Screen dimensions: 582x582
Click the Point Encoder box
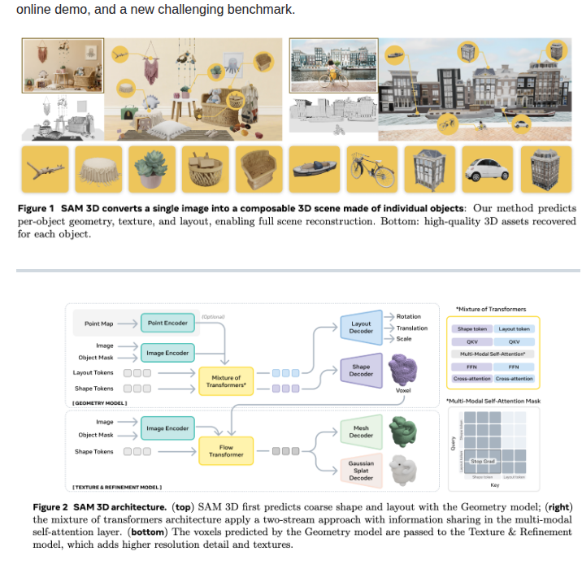(x=167, y=323)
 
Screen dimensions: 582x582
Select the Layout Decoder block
(x=361, y=327)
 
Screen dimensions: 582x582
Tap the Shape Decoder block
(x=361, y=371)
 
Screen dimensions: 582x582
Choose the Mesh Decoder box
(x=361, y=432)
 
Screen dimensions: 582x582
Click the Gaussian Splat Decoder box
(x=361, y=471)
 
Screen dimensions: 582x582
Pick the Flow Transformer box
(x=226, y=451)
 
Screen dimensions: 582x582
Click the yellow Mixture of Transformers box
(x=226, y=381)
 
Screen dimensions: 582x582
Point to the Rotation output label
(x=408, y=316)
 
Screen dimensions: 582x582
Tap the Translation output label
(x=412, y=328)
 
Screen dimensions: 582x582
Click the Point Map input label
(x=98, y=324)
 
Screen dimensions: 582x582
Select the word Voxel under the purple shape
(x=402, y=390)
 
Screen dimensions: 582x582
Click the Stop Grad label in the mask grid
(x=482, y=461)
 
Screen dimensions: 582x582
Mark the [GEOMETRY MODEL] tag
(x=99, y=403)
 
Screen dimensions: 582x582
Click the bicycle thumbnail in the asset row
(x=371, y=169)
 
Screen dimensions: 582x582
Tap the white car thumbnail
(x=488, y=169)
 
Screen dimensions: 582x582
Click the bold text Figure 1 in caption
(x=37, y=209)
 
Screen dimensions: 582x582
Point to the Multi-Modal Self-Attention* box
(x=493, y=354)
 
